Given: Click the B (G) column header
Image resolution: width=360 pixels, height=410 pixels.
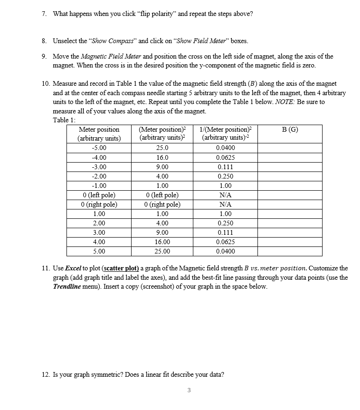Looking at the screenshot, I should pos(290,129).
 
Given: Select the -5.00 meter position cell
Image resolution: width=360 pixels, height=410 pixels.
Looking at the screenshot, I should pos(98,148).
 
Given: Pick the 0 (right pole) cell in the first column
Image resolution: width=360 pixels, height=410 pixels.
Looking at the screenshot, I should pos(98,204).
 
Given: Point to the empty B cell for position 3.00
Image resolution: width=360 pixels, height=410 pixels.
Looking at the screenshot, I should pos(290,232).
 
